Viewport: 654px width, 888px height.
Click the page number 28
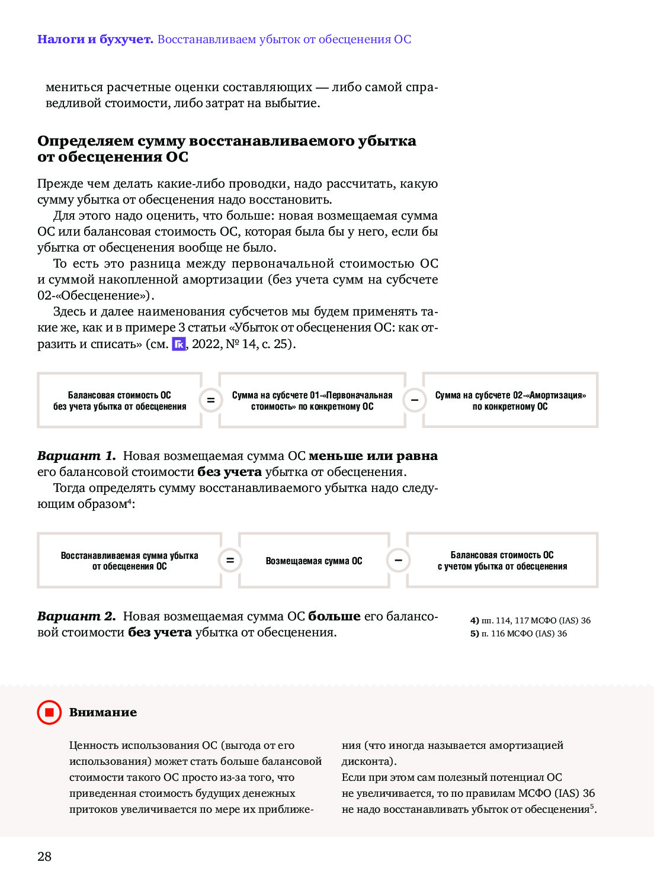click(44, 856)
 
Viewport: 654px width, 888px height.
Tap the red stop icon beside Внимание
click(49, 712)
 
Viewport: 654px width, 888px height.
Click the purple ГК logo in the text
click(179, 344)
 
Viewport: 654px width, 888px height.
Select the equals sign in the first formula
click(210, 400)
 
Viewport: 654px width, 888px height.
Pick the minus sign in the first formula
click(415, 400)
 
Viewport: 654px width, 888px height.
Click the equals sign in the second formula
click(230, 560)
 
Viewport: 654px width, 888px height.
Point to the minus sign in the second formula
click(399, 560)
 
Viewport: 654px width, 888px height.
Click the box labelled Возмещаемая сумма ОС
click(314, 560)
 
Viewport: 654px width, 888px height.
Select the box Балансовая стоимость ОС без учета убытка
click(120, 400)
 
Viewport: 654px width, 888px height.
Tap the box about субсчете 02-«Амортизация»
click(510, 400)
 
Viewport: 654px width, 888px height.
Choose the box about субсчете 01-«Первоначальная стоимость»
click(312, 400)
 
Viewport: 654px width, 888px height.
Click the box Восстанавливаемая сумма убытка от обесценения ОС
click(129, 560)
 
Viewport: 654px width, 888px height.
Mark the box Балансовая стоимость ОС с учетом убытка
click(502, 560)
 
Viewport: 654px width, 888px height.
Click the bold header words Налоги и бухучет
click(95, 40)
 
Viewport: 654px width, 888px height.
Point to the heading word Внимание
click(103, 712)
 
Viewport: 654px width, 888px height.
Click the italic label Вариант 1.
click(76, 456)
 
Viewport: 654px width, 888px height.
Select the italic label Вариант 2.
click(76, 616)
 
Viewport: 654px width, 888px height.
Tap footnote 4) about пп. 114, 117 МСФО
click(530, 620)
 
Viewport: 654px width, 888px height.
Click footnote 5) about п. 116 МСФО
click(518, 633)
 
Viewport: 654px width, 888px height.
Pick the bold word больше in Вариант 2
click(334, 616)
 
